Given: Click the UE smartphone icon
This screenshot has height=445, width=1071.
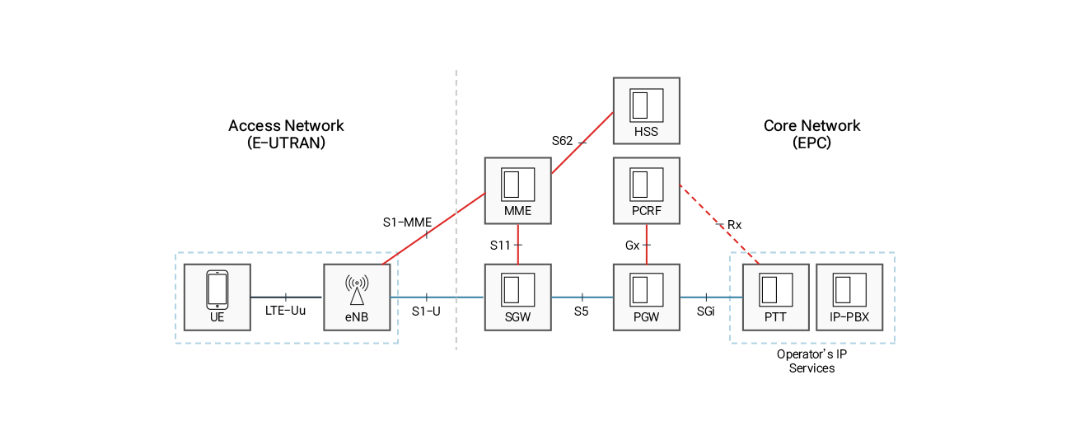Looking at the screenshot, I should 217,289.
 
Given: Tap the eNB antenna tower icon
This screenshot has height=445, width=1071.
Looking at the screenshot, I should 357,290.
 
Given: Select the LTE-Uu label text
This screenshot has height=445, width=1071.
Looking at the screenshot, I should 285,311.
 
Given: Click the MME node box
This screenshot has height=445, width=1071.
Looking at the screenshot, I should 517,190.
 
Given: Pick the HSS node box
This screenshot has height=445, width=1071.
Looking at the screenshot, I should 646,111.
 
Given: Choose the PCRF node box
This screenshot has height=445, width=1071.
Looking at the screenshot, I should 646,190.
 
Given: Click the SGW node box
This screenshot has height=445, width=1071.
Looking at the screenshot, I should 517,297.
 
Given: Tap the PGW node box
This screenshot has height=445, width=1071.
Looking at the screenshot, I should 646,297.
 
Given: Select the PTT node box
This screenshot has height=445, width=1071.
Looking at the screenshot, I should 775,297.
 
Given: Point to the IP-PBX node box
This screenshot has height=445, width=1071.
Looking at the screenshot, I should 849,297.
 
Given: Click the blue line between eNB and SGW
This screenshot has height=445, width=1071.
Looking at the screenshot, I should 437,297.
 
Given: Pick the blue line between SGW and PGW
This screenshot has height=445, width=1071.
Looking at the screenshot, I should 582,297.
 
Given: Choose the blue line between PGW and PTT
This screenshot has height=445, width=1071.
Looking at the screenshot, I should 711,297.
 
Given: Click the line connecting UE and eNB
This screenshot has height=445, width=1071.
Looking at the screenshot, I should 286,297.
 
